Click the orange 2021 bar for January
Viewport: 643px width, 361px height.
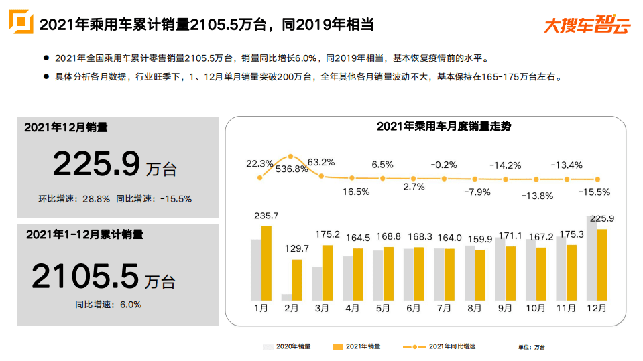coord(266,263)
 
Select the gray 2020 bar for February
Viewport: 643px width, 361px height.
coord(286,297)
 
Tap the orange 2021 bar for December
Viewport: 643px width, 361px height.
coord(602,265)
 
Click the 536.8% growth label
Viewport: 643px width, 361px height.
coord(290,169)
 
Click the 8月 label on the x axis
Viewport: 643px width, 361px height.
coord(474,309)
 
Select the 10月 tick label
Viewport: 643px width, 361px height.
coord(536,309)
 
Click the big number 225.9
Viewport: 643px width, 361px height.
coord(97,165)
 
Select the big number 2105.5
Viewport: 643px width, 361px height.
coord(85,276)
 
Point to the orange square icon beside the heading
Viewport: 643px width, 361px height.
coord(20,22)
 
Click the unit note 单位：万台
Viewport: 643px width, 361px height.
coord(531,347)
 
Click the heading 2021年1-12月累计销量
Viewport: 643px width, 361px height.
coord(84,235)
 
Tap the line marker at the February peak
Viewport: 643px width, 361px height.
coord(290,156)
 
